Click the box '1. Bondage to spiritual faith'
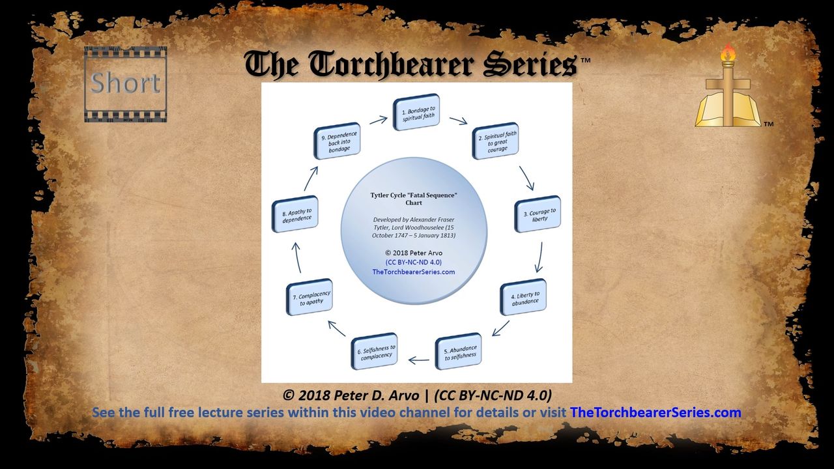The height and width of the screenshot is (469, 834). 416,112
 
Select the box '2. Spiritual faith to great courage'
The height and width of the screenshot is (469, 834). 496,141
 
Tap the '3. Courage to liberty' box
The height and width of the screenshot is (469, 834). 538,214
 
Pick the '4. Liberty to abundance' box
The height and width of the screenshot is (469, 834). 523,297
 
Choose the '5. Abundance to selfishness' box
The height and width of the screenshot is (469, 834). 458,351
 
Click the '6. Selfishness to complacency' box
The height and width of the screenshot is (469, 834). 374,351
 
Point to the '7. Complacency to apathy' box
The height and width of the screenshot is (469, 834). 309,297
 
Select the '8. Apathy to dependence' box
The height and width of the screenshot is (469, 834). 295,214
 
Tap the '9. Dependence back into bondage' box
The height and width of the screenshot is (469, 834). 337,141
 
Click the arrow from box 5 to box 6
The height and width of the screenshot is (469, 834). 418,360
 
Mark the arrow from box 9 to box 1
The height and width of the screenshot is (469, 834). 379,120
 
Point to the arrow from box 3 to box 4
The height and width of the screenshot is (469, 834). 539,257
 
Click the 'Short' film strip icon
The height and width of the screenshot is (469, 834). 126,84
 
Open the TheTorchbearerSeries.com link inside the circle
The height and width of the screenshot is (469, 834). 414,272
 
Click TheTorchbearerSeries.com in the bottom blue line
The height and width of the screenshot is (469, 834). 655,412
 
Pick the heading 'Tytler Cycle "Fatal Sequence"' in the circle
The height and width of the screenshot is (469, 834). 414,195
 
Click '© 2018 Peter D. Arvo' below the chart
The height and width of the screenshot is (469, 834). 351,395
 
